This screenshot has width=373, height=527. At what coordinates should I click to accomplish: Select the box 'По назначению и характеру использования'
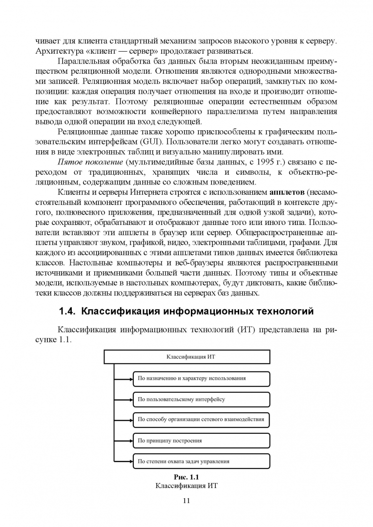coord(201,378)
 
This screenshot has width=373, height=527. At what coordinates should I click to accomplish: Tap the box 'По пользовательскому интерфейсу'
coord(201,399)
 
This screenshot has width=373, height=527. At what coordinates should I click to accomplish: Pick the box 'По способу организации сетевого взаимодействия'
coord(201,419)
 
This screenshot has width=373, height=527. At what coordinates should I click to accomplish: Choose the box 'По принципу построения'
coord(201,440)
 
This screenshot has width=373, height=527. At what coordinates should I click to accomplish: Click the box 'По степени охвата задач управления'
coord(201,461)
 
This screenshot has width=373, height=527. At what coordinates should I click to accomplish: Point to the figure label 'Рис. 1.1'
coord(186,477)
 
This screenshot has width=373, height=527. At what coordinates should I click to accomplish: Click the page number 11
coord(186,500)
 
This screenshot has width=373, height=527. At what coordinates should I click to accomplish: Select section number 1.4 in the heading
coord(67,311)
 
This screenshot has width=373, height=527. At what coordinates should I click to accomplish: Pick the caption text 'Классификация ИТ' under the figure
coord(186,486)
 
